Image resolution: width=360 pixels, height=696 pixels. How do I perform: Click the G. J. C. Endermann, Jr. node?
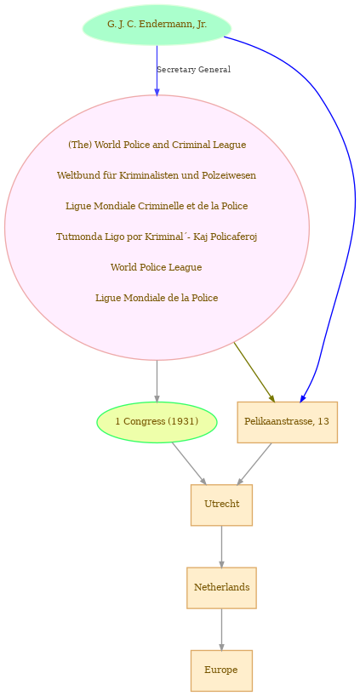(x=157, y=25)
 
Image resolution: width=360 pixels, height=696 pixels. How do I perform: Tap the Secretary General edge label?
(x=193, y=70)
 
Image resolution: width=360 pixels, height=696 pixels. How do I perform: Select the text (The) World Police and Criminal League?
(x=157, y=145)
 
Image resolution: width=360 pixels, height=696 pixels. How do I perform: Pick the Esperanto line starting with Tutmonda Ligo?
(x=157, y=237)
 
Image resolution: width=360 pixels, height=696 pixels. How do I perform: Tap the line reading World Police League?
(x=157, y=267)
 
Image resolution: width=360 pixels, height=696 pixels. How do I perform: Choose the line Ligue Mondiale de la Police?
(x=157, y=298)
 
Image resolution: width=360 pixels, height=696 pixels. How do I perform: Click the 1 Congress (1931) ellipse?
(x=157, y=422)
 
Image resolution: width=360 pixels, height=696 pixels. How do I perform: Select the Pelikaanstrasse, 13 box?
(x=287, y=422)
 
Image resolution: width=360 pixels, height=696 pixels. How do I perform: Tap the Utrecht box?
(x=221, y=505)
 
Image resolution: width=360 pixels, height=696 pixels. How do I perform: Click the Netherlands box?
(x=221, y=588)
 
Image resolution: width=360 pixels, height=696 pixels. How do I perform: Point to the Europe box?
(x=221, y=670)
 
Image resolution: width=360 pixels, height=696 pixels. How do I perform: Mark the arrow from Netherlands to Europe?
(x=221, y=630)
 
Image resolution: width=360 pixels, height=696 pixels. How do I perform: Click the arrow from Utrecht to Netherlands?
(x=221, y=546)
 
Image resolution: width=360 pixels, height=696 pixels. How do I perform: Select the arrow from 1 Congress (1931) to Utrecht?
(x=189, y=464)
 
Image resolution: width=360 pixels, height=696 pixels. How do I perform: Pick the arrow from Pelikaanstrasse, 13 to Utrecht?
(x=254, y=464)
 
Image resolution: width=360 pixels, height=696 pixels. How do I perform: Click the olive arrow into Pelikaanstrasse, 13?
(x=254, y=373)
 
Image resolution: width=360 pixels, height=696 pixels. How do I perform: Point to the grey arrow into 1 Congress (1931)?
(x=157, y=381)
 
